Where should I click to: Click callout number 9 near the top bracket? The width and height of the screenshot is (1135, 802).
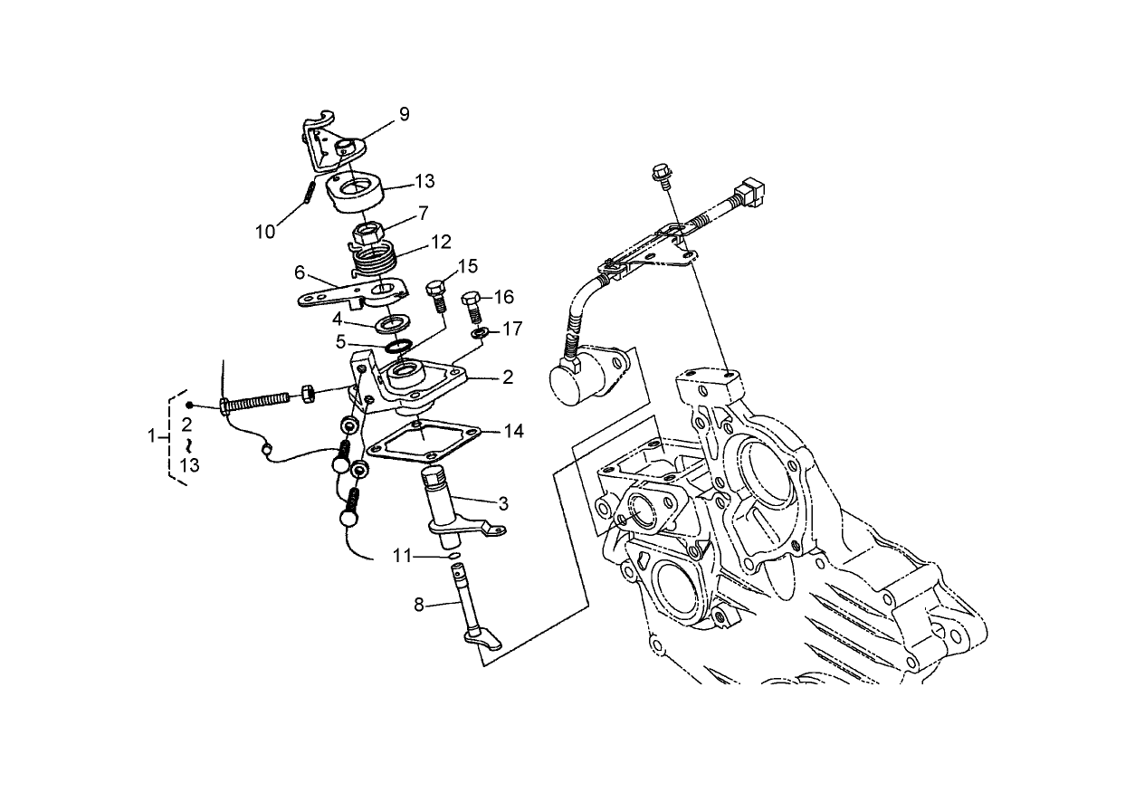(x=404, y=114)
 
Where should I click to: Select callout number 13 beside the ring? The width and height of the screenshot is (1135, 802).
(x=424, y=182)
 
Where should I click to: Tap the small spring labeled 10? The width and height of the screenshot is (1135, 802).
(x=309, y=193)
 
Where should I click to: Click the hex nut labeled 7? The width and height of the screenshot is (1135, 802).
(x=367, y=234)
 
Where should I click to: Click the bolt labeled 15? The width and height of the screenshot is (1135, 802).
(x=435, y=294)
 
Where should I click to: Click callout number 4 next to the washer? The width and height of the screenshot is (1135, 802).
(x=336, y=319)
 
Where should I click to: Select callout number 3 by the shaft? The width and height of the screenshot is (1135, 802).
(x=501, y=503)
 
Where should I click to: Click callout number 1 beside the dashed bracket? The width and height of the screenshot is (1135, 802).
(x=152, y=437)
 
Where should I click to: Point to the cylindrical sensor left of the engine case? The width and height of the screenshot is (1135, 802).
(x=579, y=374)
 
